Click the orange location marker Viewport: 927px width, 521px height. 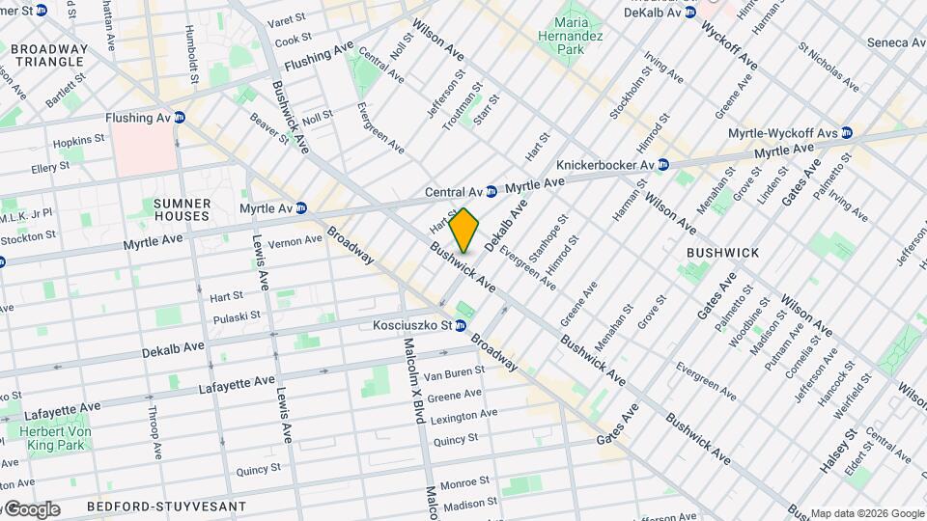(x=464, y=230)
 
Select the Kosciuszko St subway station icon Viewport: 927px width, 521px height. (x=474, y=326)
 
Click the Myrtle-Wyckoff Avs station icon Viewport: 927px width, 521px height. (x=847, y=132)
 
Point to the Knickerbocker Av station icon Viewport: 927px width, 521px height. (x=662, y=165)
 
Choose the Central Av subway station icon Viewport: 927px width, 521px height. (x=491, y=192)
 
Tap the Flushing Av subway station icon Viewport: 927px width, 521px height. (x=179, y=118)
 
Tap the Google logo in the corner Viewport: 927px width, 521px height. (x=31, y=509)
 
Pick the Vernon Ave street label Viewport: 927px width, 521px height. (x=295, y=241)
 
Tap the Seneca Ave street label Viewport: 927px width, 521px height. (x=894, y=42)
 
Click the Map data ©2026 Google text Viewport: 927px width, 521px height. (x=866, y=513)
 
